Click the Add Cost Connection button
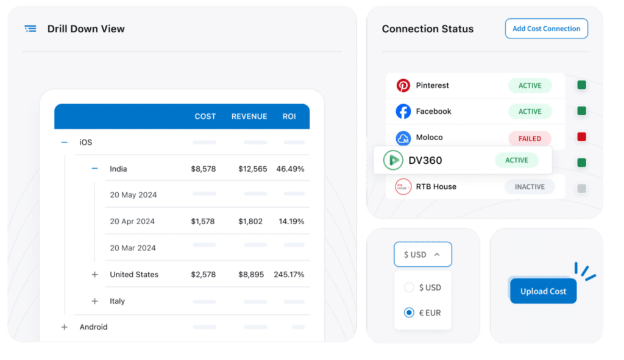point(546,29)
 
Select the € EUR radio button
point(409,312)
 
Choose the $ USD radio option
point(409,288)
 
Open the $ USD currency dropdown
point(422,255)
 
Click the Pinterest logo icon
point(403,85)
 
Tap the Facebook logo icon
point(403,111)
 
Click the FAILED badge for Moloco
point(529,138)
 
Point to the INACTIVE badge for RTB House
point(529,186)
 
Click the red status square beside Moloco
point(581,137)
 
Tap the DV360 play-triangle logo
point(393,160)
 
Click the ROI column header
point(289,116)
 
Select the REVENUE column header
point(249,116)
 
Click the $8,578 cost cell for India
point(203,169)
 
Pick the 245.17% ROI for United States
point(289,275)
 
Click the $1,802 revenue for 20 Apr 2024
point(250,222)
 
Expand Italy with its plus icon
point(94,301)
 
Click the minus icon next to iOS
point(65,142)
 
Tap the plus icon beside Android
point(65,327)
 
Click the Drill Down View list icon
point(30,29)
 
